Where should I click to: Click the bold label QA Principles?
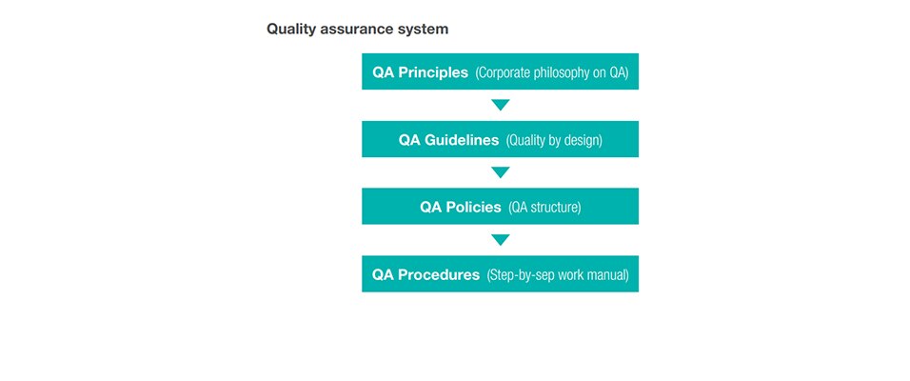[x=420, y=72]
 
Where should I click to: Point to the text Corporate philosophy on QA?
[x=552, y=72]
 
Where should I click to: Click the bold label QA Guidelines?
[x=448, y=140]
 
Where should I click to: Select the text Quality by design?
[x=554, y=141]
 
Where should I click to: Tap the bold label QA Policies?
[x=461, y=208]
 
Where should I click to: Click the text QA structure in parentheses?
[x=544, y=208]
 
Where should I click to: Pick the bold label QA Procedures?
[x=426, y=274]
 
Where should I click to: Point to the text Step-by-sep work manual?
[x=558, y=274]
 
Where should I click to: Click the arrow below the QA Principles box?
[x=501, y=105]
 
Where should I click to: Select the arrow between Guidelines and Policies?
[x=501, y=172]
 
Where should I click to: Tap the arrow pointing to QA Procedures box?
[x=501, y=240]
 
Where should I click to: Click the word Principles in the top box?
[x=433, y=72]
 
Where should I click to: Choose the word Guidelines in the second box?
[x=462, y=140]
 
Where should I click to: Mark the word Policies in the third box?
[x=474, y=208]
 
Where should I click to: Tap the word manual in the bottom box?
[x=609, y=274]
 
